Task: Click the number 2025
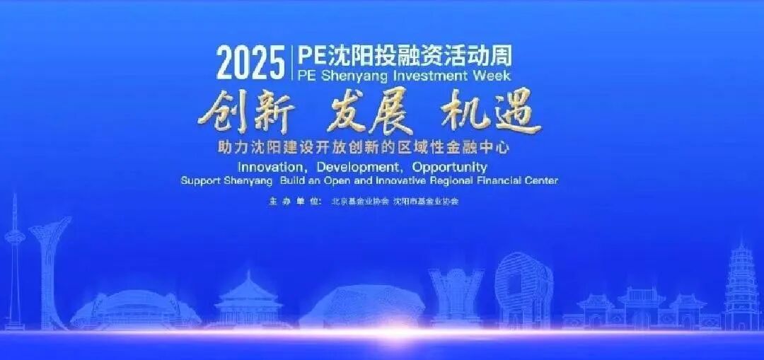250,63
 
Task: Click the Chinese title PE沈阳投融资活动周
404,54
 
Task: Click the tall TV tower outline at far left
16,262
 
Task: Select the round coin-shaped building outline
523,286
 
